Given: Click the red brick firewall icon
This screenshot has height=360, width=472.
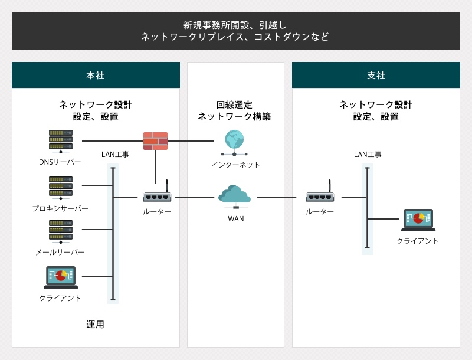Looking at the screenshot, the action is [155, 141].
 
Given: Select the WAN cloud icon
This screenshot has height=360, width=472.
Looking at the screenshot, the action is [234, 197].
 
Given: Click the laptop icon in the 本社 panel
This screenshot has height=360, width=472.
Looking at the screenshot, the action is [61, 277].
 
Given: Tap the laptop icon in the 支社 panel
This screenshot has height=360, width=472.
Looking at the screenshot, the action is [418, 220].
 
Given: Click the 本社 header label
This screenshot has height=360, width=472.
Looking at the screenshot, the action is [96, 76].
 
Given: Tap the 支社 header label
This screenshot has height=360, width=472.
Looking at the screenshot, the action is [376, 76].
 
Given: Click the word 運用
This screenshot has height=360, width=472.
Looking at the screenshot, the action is [95, 325].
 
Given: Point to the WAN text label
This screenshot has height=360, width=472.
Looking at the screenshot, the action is [235, 219].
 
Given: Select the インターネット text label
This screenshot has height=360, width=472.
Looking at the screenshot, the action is [235, 165].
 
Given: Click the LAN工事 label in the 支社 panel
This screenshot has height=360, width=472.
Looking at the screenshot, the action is [368, 155].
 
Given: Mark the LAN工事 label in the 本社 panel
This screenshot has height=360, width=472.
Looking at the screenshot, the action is [115, 155].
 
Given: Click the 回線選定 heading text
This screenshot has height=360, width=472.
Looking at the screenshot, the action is [234, 104].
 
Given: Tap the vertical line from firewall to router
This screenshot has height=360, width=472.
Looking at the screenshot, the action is [155, 167].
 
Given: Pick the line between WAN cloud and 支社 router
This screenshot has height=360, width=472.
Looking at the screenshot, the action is [277, 198].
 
